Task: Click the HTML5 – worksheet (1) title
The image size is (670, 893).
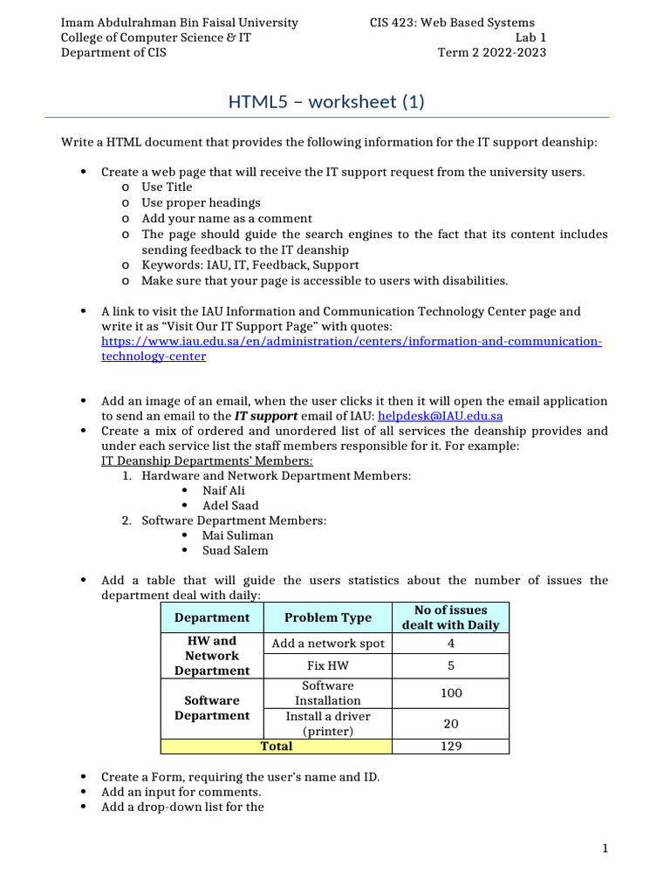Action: coord(326,102)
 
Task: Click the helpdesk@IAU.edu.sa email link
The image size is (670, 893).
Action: coord(440,416)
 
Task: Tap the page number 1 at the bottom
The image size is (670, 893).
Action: coord(604,849)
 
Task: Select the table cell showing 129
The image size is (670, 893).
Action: coord(450,746)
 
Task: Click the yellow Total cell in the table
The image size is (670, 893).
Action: coord(277,746)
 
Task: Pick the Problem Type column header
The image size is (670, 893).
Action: coord(327,617)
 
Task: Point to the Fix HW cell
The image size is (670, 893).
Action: coord(327,665)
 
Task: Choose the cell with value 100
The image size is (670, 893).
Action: coord(450,693)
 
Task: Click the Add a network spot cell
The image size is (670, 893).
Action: coord(327,644)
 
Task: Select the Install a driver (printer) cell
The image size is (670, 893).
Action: coord(327,724)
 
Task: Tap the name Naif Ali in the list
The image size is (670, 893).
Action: coord(224,491)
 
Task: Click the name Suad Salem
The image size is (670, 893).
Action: coord(235,550)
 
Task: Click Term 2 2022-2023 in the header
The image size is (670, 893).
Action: coord(491,52)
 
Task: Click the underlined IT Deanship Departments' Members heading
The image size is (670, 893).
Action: coord(207,460)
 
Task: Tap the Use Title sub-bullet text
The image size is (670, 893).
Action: coord(167,187)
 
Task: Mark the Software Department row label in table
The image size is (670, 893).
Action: coord(211,708)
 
